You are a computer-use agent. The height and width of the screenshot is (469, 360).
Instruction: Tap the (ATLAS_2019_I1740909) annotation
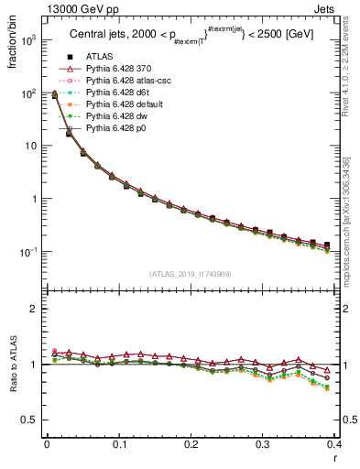click(189, 273)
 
